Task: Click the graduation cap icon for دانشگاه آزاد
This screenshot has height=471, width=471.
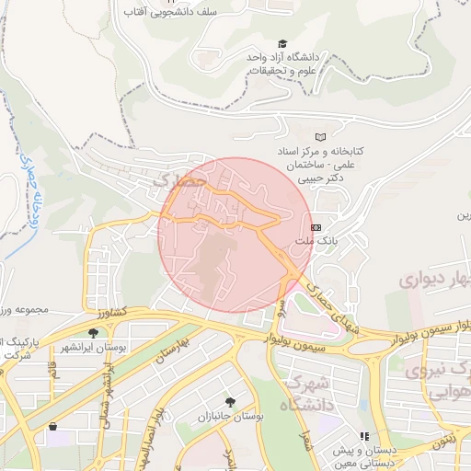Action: click(282, 43)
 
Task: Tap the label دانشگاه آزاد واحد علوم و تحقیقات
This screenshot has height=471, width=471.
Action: click(276, 63)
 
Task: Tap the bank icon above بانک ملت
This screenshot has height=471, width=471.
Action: click(316, 226)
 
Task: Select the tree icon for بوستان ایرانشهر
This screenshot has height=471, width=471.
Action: click(93, 332)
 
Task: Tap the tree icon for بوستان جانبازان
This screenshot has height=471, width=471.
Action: click(228, 402)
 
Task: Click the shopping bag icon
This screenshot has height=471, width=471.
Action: click(52, 426)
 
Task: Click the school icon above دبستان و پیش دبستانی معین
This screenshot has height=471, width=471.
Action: click(364, 436)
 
